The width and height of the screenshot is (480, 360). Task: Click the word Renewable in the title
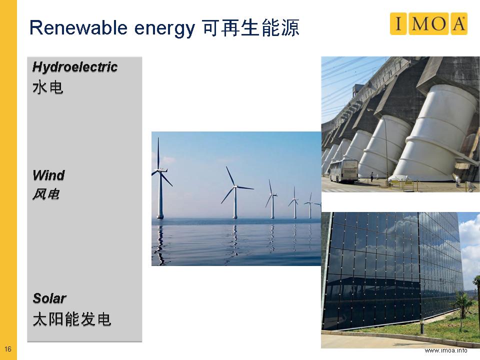pos(78,27)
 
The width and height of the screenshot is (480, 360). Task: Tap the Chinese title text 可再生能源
pos(250,28)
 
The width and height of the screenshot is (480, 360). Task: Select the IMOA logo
pos(428,23)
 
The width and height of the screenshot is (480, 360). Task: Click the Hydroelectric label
pos(75,66)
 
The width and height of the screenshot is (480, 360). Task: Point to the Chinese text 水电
pos(48,87)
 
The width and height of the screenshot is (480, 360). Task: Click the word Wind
pos(48,175)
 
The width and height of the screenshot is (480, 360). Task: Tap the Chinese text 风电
pos(46,194)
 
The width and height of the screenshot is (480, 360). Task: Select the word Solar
pos(49,298)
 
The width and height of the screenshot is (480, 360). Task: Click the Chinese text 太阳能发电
pos(72,319)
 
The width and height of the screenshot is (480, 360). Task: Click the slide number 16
pos(8,348)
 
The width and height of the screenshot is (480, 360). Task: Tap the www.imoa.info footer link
pos(445,350)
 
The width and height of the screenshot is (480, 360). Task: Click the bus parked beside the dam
pos(343,170)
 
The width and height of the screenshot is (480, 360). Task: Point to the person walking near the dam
pos(372,176)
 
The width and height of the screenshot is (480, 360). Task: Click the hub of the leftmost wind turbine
pos(159,170)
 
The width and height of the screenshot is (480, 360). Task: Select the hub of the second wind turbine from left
pos(235,186)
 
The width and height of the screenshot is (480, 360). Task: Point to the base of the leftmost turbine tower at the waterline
pos(160,217)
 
